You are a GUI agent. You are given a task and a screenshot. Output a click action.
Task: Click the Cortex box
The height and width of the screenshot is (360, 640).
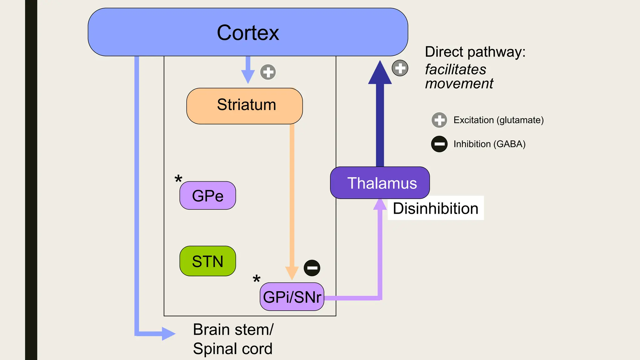coord(248,32)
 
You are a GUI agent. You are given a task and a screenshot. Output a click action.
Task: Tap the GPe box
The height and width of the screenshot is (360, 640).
coord(207,196)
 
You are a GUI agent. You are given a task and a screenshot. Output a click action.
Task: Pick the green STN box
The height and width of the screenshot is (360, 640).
coord(207,261)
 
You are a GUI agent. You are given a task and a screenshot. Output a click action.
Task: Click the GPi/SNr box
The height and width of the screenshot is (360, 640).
coord(292,297)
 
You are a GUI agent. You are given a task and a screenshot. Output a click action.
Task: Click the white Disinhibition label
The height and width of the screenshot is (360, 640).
coord(436,208)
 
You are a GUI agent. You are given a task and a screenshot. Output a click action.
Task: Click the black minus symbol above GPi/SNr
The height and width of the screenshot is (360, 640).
coord(312,268)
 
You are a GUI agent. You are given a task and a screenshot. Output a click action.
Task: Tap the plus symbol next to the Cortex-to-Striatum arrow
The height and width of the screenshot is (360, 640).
coord(268,72)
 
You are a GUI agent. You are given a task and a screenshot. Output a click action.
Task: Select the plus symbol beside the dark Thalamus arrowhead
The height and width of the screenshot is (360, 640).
coord(400,68)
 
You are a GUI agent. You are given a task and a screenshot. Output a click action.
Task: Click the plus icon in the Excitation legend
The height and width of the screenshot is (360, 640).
coord(439,120)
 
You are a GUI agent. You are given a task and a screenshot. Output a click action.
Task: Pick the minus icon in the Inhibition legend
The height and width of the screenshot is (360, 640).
coord(439,144)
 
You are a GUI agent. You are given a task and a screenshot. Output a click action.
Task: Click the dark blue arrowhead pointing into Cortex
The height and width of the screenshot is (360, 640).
coord(380,74)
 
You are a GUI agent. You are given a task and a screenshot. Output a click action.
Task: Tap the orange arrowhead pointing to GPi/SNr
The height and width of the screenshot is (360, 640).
coord(292,272)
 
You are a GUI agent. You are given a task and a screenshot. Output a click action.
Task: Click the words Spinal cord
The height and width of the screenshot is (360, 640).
coord(232,349)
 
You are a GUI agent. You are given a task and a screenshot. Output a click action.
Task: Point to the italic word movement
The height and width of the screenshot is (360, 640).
coord(459,84)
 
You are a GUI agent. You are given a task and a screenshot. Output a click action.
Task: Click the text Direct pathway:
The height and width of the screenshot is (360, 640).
coord(475,52)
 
